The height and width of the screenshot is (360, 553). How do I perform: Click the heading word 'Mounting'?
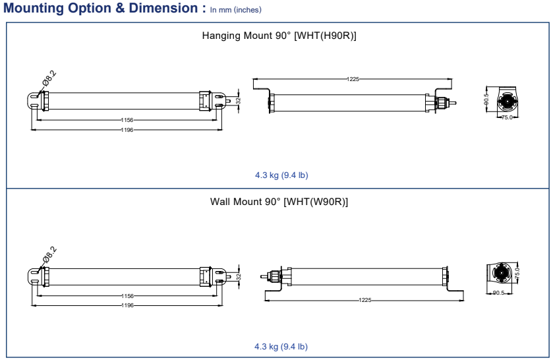click(x=33, y=9)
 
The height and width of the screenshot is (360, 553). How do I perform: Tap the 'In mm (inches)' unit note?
click(x=235, y=10)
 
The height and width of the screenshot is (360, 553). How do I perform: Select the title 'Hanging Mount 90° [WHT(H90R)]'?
click(x=279, y=36)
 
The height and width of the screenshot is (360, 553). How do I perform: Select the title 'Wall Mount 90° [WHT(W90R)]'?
click(x=279, y=201)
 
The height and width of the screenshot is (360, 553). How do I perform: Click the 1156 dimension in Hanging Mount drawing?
click(x=127, y=120)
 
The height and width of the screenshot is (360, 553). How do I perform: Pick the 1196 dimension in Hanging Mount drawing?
click(x=127, y=130)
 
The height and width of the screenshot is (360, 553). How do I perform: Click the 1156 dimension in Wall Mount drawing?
click(x=127, y=296)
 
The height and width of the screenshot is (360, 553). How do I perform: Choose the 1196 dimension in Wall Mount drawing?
click(x=127, y=305)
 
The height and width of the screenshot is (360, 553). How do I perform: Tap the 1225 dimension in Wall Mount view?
click(x=364, y=300)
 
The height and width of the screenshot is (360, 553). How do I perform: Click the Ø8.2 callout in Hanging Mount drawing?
click(x=49, y=78)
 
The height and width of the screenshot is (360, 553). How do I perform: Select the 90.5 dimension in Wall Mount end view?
click(x=499, y=293)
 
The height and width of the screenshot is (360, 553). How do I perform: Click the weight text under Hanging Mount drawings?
click(x=281, y=175)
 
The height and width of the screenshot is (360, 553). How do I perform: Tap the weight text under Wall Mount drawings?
click(x=281, y=347)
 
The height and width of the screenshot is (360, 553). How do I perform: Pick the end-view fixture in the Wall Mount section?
click(x=500, y=272)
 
